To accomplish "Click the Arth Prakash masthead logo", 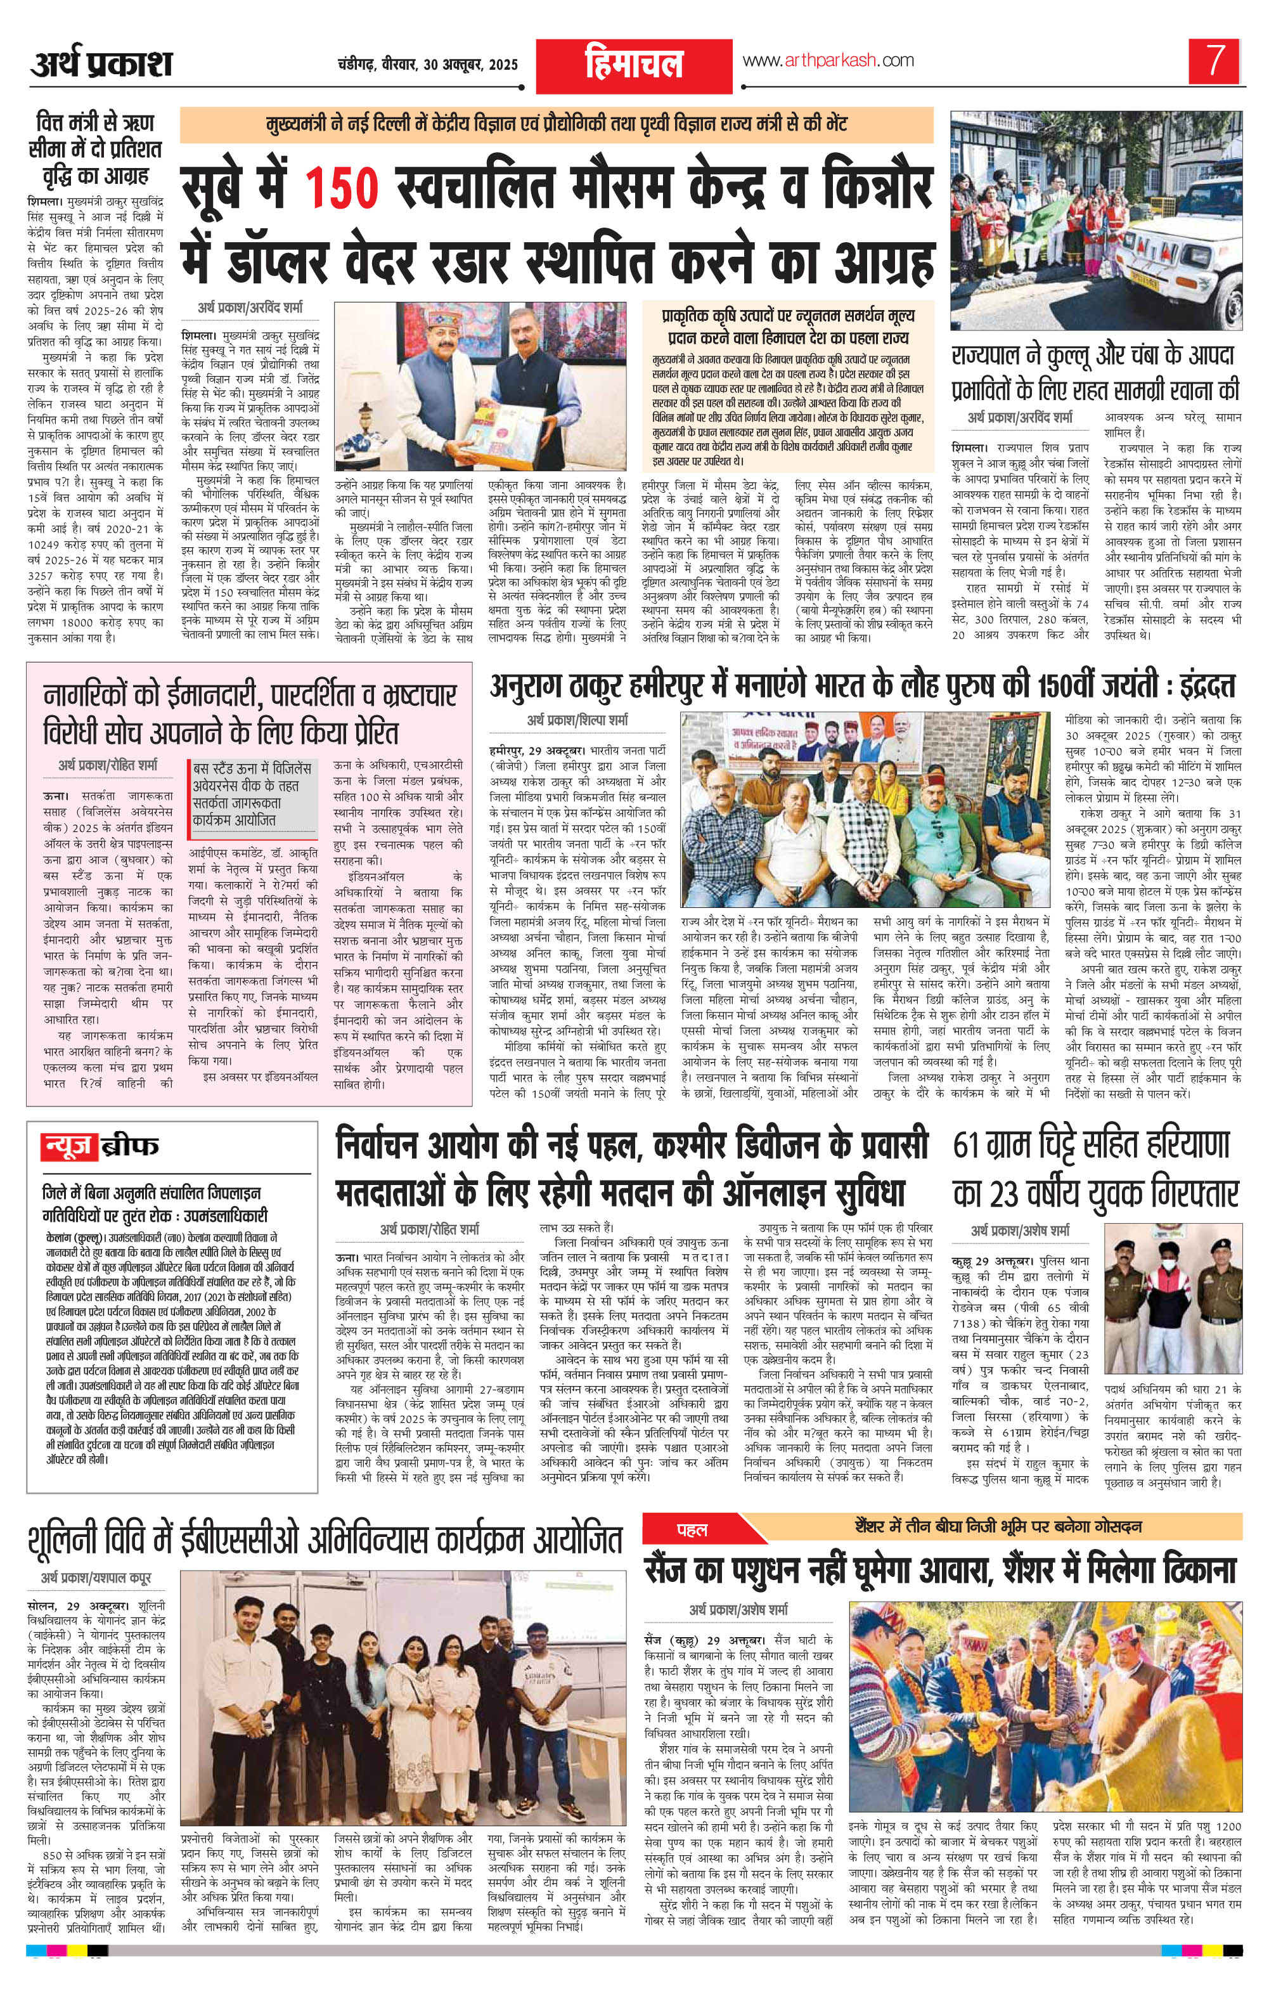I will click(x=102, y=63).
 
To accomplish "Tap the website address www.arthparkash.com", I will click(x=828, y=60).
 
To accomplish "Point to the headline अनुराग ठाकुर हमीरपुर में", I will click(x=862, y=686).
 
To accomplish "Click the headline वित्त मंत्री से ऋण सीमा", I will click(x=94, y=150).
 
